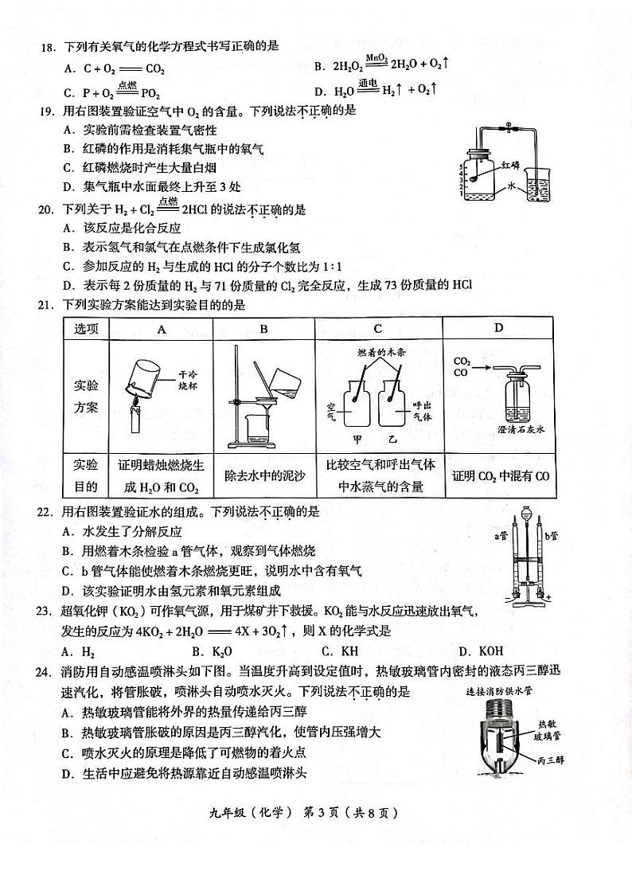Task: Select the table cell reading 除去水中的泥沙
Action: click(263, 475)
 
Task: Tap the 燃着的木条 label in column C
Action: click(379, 351)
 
